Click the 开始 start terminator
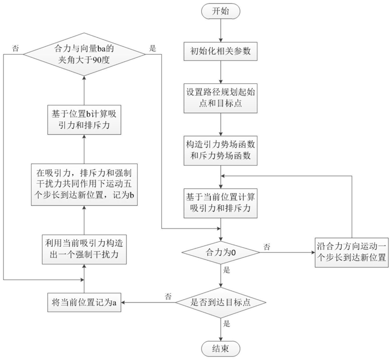(220, 10)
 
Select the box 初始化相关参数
(220, 50)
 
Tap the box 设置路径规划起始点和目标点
(220, 98)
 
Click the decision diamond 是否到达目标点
(220, 302)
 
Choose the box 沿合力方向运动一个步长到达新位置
(351, 252)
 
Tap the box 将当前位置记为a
(84, 302)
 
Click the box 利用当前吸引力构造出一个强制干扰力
(84, 250)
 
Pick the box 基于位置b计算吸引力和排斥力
(84, 119)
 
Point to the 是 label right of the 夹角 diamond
(153, 48)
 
